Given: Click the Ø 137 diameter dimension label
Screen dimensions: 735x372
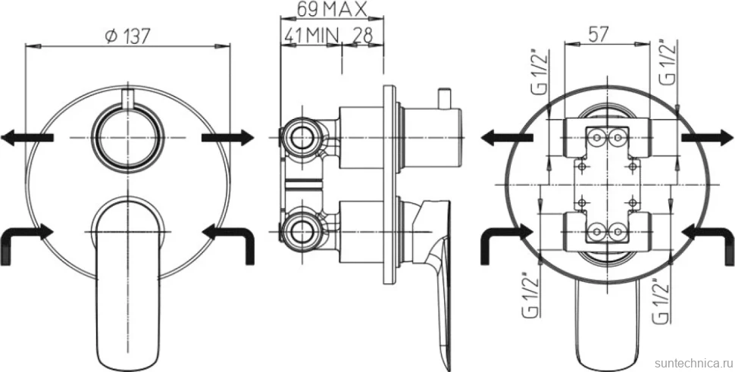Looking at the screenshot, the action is click(127, 36).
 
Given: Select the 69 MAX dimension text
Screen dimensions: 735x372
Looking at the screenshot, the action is click(331, 9).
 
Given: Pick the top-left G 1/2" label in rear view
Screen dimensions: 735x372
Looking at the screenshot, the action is click(542, 71).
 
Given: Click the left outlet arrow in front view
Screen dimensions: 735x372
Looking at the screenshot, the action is click(27, 138).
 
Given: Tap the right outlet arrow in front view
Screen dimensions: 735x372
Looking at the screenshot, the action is click(228, 138).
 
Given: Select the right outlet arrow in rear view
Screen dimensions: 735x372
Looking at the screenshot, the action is click(708, 137).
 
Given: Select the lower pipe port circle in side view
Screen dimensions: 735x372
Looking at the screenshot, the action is click(301, 231).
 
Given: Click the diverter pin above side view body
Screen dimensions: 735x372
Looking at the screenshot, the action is click(443, 98).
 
